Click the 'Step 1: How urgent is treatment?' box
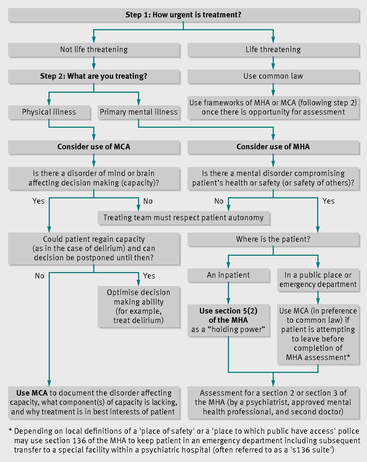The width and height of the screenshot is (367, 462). pos(183,15)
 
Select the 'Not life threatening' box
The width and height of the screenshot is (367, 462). pos(94,49)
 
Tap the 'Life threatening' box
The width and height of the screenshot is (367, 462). pos(273,49)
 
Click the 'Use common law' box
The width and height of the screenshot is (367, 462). pos(273,76)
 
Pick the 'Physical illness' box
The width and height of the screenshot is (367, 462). pos(49,112)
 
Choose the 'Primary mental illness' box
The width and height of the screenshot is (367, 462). pos(138,112)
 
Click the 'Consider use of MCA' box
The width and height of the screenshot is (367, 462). pos(94,147)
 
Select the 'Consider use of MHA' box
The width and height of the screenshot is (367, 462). pos(273,147)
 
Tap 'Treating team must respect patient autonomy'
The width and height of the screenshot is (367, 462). pos(183,218)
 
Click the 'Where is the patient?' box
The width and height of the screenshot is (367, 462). pos(273,239)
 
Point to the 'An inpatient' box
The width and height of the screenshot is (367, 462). pos(228,275)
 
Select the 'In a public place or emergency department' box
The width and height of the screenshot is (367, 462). pos(318,280)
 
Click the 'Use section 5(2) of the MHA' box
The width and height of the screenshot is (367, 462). pos(228,320)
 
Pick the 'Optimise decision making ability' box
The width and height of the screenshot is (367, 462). pos(138,306)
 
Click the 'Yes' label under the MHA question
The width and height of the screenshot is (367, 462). pos(328,201)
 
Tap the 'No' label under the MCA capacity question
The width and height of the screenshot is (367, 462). pos(148,201)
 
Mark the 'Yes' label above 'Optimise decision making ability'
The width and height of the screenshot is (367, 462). pos(149,276)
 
